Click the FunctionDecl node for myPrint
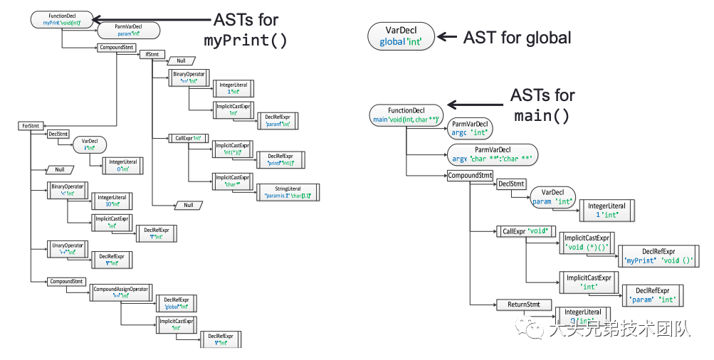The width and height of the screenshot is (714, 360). (x=62, y=19)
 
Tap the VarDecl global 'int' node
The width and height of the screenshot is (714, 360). (x=401, y=36)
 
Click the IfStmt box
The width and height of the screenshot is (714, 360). (x=152, y=54)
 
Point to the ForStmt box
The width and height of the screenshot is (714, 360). (x=31, y=126)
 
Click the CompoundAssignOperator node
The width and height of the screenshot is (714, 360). (x=120, y=292)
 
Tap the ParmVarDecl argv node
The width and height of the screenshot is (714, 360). (x=492, y=154)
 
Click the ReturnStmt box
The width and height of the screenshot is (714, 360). (x=523, y=305)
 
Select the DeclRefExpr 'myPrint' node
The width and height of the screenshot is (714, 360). (x=658, y=255)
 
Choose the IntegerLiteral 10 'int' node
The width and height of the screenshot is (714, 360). (x=112, y=200)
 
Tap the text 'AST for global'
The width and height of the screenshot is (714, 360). (x=517, y=37)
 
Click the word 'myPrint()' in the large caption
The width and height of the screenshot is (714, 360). (x=246, y=41)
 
